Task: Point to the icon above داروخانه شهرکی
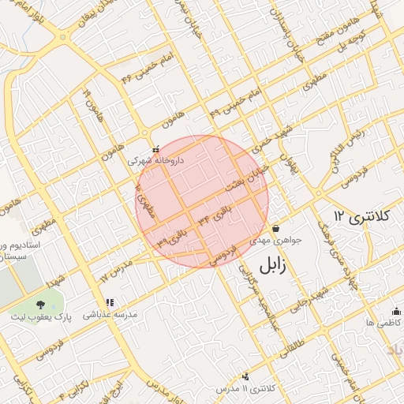point(155,148)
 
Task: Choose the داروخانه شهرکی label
point(155,159)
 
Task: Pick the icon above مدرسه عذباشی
point(110,302)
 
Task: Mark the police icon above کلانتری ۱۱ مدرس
point(246,377)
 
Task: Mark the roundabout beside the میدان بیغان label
point(62,36)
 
